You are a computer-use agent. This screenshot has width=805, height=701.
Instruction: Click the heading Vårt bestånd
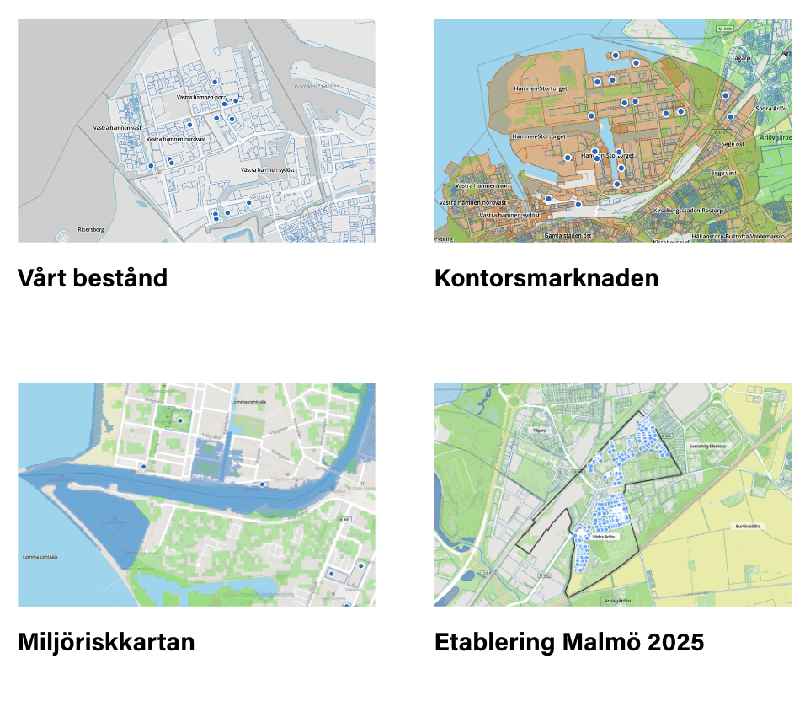[93, 278]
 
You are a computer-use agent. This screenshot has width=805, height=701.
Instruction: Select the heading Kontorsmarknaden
[546, 278]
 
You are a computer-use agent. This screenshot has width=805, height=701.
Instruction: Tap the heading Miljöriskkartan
[106, 642]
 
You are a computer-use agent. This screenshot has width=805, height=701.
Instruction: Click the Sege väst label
[723, 172]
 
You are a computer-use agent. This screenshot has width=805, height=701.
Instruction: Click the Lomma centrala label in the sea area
[40, 557]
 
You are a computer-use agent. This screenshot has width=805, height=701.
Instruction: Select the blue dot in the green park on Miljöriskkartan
[180, 420]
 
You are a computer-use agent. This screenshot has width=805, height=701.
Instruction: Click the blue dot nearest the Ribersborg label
[151, 166]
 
